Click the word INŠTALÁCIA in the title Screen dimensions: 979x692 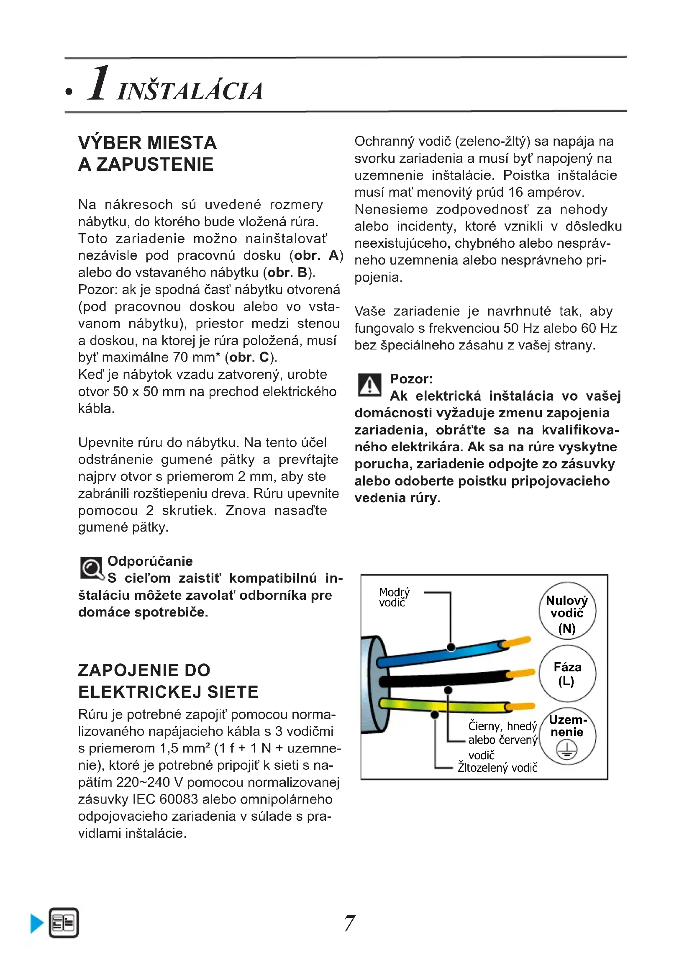[190, 91]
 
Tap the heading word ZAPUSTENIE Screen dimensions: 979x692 [154, 164]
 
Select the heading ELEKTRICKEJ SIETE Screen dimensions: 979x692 [168, 691]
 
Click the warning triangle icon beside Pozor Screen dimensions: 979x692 [369, 385]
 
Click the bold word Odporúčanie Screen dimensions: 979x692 [150, 561]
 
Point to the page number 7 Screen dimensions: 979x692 [349, 923]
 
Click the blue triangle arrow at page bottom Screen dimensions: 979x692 [37, 924]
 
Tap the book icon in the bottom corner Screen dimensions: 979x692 [64, 923]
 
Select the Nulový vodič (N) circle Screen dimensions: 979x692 [567, 611]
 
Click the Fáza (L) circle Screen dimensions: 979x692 [567, 674]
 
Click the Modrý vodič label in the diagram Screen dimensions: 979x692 [394, 597]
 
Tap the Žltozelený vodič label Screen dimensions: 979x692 [497, 768]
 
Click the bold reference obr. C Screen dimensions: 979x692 [249, 357]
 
